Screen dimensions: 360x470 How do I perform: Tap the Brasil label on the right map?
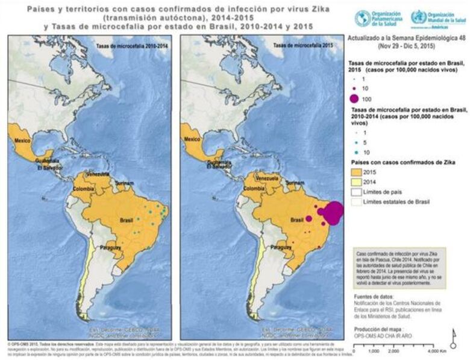[x=297, y=220]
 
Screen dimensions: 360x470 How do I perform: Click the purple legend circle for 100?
[x=356, y=98]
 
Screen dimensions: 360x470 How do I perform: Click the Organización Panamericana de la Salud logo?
[x=363, y=18]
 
